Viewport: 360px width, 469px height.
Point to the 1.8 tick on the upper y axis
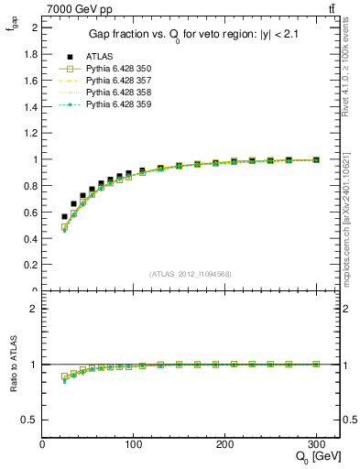pyautogui.click(x=30, y=54)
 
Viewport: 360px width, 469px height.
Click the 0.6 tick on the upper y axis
pyautogui.click(x=30, y=213)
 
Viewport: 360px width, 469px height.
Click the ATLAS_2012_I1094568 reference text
pyautogui.click(x=190, y=274)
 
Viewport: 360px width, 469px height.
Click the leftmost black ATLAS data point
pyautogui.click(x=64, y=216)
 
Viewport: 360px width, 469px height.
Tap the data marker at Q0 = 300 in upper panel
pyautogui.click(x=316, y=159)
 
